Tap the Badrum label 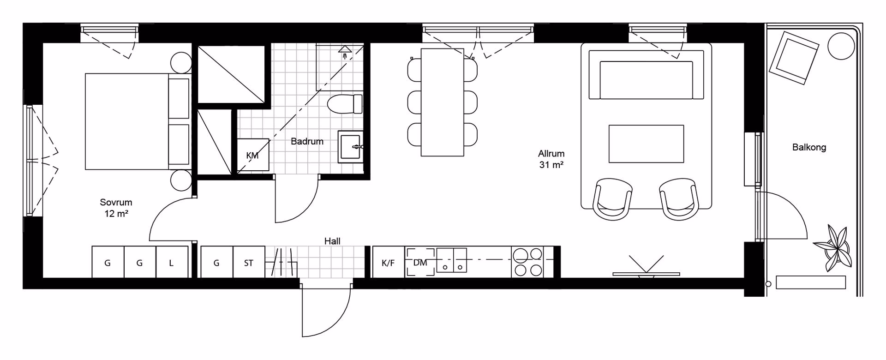(307, 142)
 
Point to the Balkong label (809, 148)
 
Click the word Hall (332, 241)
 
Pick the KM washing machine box (253, 155)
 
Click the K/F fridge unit (389, 262)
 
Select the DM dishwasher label (420, 263)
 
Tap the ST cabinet (249, 262)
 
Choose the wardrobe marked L (172, 262)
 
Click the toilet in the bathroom (345, 104)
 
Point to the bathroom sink (351, 147)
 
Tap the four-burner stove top (528, 262)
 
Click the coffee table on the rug (646, 144)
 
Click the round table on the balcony (841, 46)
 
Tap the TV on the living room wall (646, 274)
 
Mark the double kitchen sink (452, 260)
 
